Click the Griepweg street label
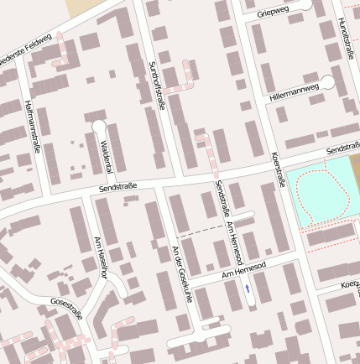click(274, 12)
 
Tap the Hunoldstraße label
click(345, 39)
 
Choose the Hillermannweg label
click(295, 91)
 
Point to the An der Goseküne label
click(182, 274)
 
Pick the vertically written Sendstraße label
click(221, 200)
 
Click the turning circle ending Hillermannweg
click(328, 83)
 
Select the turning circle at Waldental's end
click(98, 126)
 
